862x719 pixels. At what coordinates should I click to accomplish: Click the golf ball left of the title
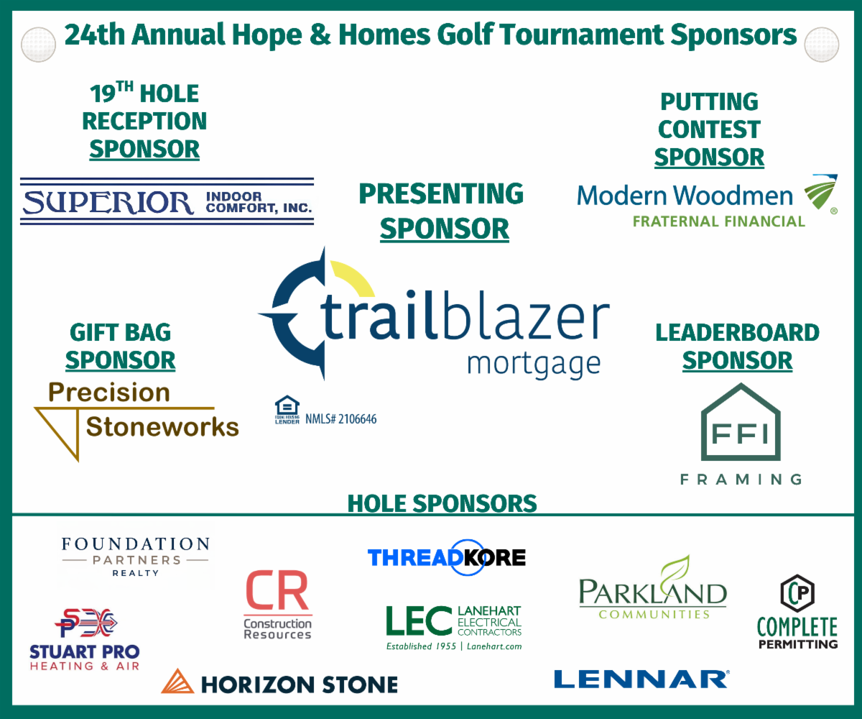(x=38, y=45)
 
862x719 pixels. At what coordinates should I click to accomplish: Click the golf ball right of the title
(x=822, y=45)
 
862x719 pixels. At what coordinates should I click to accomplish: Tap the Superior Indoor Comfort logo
(x=167, y=201)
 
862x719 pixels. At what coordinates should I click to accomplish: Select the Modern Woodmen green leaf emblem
(x=821, y=192)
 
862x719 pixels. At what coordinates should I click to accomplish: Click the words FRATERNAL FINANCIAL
(x=719, y=221)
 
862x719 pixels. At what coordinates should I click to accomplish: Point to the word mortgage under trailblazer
(x=534, y=365)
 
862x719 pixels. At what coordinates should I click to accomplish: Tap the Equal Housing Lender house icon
(x=287, y=410)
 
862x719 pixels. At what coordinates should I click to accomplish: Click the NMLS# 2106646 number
(x=341, y=419)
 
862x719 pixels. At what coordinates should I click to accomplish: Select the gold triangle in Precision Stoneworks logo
(x=62, y=432)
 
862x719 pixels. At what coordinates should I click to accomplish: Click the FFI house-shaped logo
(x=741, y=422)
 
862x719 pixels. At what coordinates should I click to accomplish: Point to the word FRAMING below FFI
(x=741, y=480)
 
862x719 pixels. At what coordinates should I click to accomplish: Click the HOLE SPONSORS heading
(x=442, y=503)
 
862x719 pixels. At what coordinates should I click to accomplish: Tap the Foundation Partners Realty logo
(x=136, y=557)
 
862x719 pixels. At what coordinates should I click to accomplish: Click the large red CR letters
(x=277, y=590)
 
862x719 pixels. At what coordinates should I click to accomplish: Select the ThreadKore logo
(x=447, y=557)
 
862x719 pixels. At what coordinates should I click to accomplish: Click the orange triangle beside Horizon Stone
(x=177, y=682)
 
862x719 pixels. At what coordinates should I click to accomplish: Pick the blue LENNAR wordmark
(x=641, y=679)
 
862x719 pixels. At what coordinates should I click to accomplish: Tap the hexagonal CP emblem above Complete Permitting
(x=797, y=593)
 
